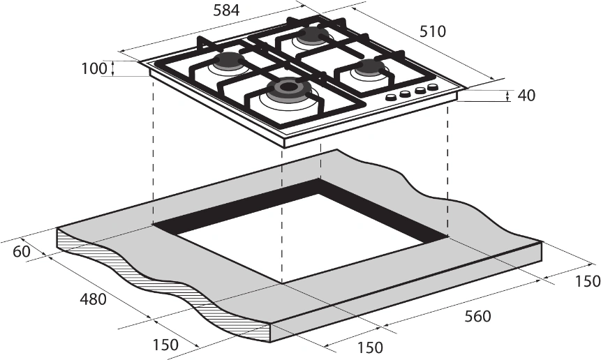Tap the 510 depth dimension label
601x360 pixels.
click(433, 31)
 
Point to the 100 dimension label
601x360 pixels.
click(93, 68)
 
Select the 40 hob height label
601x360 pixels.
click(526, 96)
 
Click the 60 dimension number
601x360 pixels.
click(22, 252)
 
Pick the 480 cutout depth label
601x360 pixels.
click(93, 299)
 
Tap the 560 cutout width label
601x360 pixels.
click(477, 316)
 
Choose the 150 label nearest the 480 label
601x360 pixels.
click(165, 344)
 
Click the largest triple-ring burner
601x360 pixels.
click(287, 89)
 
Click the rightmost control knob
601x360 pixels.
click(433, 88)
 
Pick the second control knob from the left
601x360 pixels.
click(405, 94)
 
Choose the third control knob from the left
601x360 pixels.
click(420, 91)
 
